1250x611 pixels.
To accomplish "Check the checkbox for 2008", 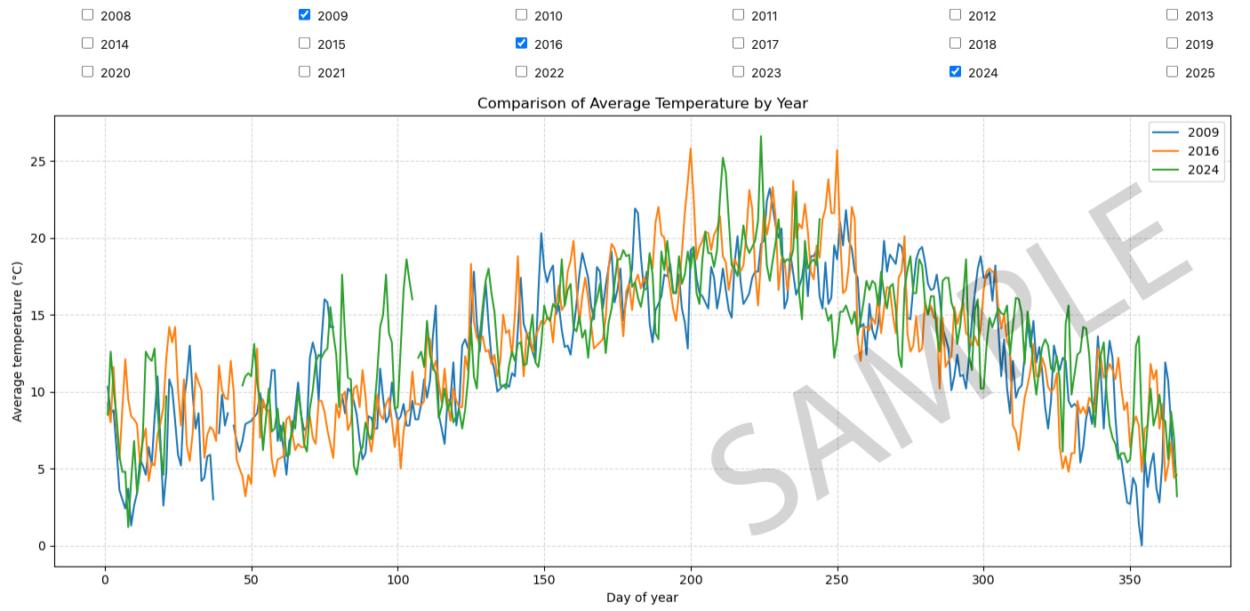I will (87, 15).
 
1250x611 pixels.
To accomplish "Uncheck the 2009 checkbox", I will (304, 15).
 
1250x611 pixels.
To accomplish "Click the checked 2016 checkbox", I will (521, 44).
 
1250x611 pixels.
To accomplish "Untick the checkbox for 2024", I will (955, 72).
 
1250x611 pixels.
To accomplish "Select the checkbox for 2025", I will (1172, 72).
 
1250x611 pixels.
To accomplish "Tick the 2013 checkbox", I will (1172, 15).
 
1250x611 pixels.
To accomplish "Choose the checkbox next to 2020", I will (87, 72).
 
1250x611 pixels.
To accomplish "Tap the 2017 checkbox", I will (738, 44).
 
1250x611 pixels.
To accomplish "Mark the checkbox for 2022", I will (521, 72).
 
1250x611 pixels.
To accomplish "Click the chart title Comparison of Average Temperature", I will (642, 103).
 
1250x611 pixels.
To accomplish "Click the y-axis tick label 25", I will (39, 162).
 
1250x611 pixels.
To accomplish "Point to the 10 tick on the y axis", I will (39, 392).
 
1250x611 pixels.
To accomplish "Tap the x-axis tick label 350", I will (1130, 580).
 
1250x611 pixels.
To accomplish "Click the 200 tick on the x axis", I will (691, 580).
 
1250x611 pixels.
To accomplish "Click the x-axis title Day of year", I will (642, 598).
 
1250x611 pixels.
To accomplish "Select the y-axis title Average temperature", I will (18, 342).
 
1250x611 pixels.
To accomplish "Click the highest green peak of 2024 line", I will (760, 137).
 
